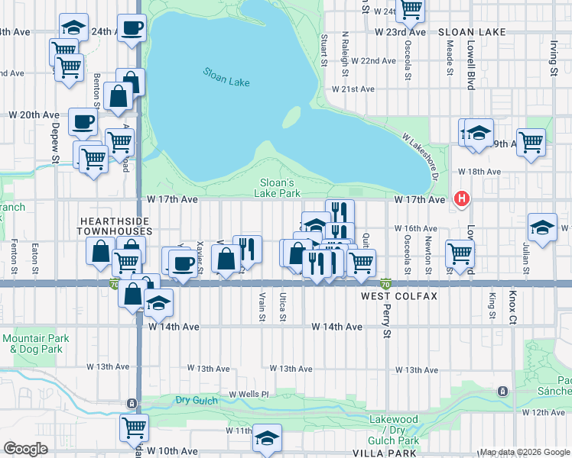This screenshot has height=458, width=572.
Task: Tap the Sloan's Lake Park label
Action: pyautogui.click(x=279, y=188)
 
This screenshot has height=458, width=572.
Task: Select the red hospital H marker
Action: pyautogui.click(x=461, y=199)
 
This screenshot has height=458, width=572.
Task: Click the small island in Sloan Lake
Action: pyautogui.click(x=291, y=118)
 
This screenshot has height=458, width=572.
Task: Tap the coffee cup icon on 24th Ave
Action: pyautogui.click(x=131, y=27)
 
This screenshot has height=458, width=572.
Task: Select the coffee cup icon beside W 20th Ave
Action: pyautogui.click(x=83, y=121)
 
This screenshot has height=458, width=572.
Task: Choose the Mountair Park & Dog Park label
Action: pyautogui.click(x=35, y=343)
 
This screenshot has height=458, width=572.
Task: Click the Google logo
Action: pyautogui.click(x=25, y=449)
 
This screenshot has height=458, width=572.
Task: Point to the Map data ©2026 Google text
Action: pyautogui.click(x=524, y=452)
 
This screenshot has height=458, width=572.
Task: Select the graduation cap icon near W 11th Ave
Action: pyautogui.click(x=267, y=438)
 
